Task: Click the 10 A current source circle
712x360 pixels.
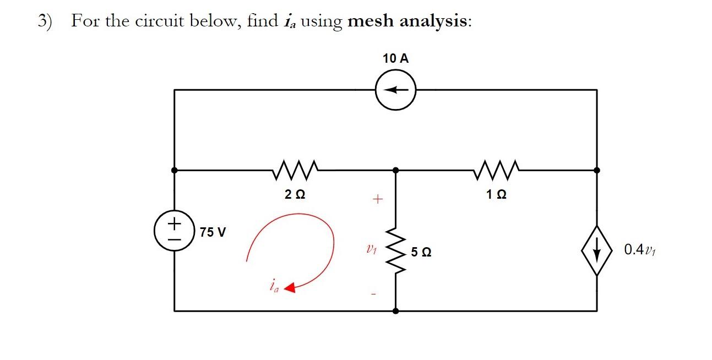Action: pos(395,90)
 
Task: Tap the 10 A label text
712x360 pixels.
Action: pos(395,58)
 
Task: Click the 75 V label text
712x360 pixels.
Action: pos(213,232)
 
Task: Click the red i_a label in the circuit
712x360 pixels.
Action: pos(273,286)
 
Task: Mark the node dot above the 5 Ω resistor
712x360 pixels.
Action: pos(395,170)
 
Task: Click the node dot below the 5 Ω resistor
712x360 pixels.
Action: pos(395,311)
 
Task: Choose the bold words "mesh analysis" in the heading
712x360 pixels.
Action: pos(409,21)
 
